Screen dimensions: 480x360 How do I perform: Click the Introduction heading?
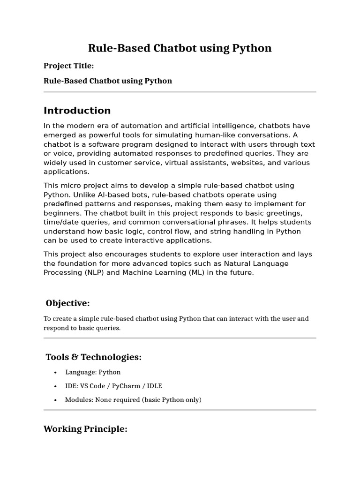click(x=77, y=111)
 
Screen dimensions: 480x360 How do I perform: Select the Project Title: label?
click(x=69, y=66)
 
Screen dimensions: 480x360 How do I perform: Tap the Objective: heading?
click(x=67, y=303)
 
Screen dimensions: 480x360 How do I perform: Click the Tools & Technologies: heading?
click(x=93, y=357)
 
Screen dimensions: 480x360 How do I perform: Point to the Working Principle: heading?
click(x=85, y=429)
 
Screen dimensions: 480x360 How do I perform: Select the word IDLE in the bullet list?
click(x=153, y=386)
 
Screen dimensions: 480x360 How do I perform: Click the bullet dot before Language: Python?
click(x=55, y=373)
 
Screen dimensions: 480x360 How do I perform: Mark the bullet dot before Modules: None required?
click(x=55, y=400)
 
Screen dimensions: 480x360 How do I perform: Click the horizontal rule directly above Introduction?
click(x=180, y=92)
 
